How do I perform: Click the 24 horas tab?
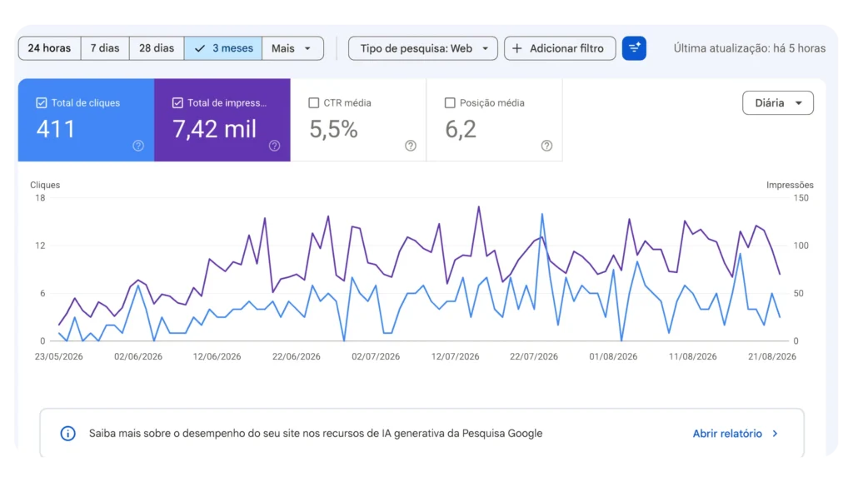tap(49, 48)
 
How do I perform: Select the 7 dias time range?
tap(105, 48)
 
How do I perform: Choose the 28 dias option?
tap(157, 48)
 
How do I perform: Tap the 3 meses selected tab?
tap(223, 48)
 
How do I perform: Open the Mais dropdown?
tap(292, 48)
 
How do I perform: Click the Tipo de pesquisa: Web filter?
tap(422, 48)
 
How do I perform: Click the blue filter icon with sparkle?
tap(634, 48)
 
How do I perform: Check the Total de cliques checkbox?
tap(42, 102)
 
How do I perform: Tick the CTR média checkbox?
tap(313, 102)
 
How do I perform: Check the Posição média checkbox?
tap(450, 102)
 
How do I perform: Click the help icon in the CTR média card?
tap(411, 146)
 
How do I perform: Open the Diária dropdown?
tap(778, 102)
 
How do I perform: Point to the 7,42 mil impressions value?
tap(214, 129)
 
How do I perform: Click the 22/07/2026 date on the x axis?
tap(534, 356)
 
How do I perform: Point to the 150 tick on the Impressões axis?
tap(801, 198)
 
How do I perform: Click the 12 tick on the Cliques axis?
tap(40, 246)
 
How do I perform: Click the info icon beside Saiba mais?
tap(68, 434)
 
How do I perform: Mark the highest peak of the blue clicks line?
tap(541, 214)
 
